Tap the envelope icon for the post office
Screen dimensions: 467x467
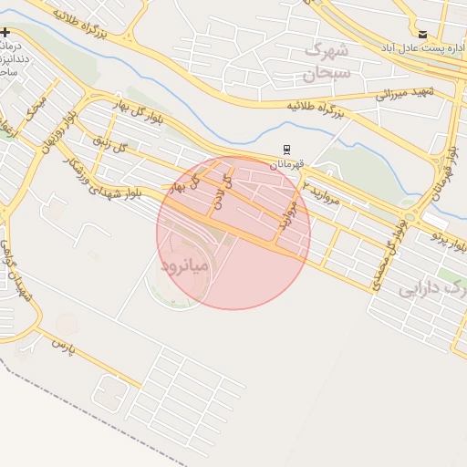(421, 34)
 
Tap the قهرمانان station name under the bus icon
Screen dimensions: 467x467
(287, 164)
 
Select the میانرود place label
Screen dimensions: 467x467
(185, 265)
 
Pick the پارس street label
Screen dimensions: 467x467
(61, 346)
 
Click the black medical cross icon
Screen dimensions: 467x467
(5, 33)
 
